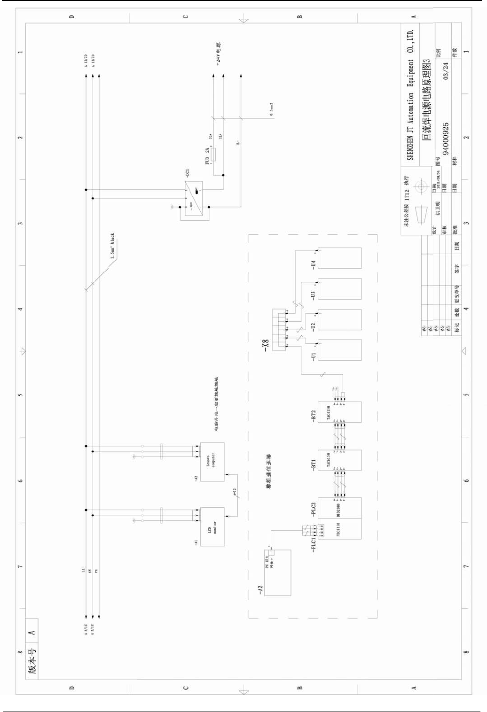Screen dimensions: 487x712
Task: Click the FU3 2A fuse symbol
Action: (x=213, y=155)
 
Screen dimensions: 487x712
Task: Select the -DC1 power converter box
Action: (x=193, y=198)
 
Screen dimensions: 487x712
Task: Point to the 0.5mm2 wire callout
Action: (x=271, y=109)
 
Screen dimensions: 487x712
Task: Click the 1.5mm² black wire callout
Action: (x=112, y=246)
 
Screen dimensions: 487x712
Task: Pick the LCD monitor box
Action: (x=212, y=526)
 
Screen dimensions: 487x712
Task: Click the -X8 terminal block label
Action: (x=266, y=345)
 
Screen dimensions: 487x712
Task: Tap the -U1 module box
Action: (x=339, y=350)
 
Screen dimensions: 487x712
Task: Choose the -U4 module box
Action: (x=339, y=258)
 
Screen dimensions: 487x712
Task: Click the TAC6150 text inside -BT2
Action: (x=328, y=413)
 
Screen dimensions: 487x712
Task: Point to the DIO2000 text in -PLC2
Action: (x=338, y=510)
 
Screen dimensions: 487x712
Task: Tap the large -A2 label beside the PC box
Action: (x=260, y=590)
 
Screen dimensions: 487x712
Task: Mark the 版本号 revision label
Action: (x=32, y=662)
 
